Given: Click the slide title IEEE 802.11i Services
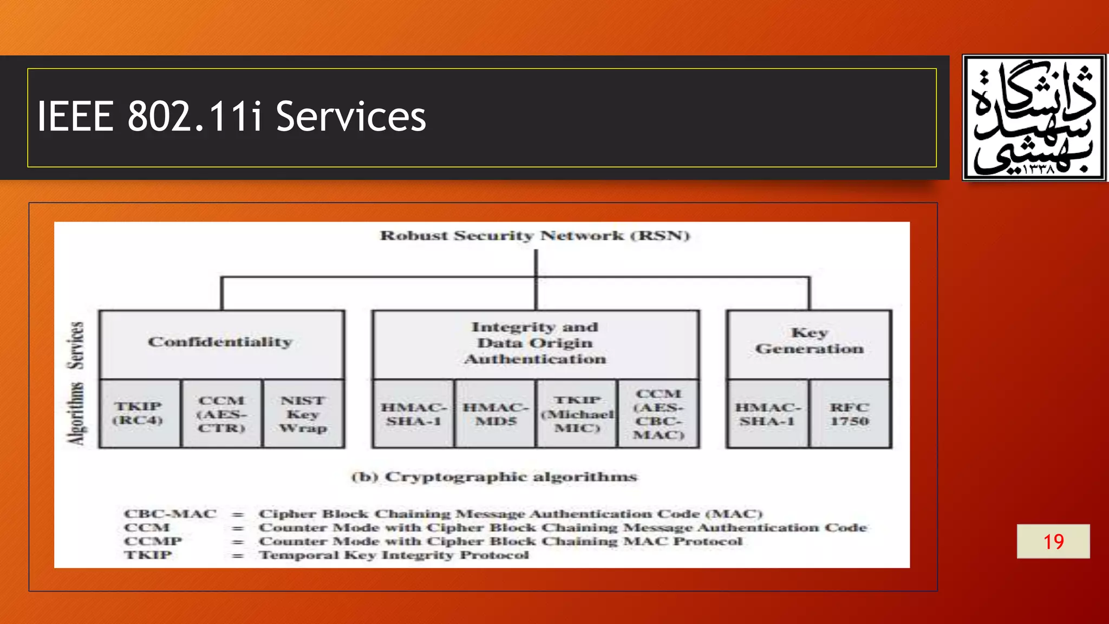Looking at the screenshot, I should tap(232, 116).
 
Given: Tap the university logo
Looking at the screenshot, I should tap(1034, 117).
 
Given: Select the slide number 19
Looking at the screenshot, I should tap(1053, 541).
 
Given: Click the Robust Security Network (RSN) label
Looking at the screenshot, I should tap(535, 236).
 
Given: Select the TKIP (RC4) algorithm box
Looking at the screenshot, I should tap(139, 413).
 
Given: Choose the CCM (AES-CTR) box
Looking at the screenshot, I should tap(221, 414).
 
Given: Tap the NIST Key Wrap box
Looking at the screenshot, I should tap(303, 414).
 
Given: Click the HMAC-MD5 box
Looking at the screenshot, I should tap(495, 414).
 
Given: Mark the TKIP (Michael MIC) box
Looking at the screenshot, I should tap(577, 414).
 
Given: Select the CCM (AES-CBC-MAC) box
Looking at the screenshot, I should tap(658, 414).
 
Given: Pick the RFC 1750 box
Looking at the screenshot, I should tap(850, 414).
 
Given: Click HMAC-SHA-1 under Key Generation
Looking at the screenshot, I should tap(768, 414).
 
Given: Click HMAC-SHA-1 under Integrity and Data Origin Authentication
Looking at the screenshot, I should tap(413, 414).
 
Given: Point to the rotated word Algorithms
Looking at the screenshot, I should tap(76, 414).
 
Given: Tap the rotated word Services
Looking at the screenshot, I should tap(76, 345).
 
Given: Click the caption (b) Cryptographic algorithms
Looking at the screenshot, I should tap(494, 477).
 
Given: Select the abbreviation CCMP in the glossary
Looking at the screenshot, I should tap(153, 541).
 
